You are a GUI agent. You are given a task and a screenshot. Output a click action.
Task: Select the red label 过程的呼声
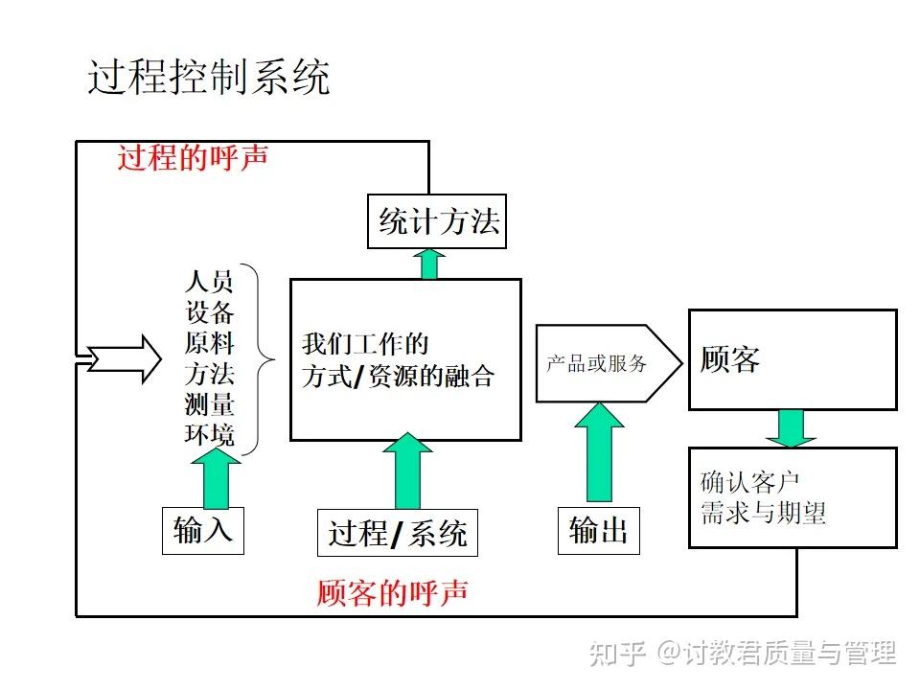click(x=193, y=158)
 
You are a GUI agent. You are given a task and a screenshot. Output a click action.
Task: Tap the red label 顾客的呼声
click(x=393, y=592)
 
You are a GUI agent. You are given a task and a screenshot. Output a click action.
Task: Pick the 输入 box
click(x=203, y=530)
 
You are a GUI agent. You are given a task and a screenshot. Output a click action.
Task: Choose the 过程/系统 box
click(x=397, y=533)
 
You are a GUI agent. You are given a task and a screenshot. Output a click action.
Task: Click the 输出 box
click(x=598, y=530)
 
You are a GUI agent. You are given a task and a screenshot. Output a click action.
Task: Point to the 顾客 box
click(x=793, y=359)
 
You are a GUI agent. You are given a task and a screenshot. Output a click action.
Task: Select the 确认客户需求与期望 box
click(x=793, y=497)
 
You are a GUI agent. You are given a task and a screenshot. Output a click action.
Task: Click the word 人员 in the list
click(x=209, y=283)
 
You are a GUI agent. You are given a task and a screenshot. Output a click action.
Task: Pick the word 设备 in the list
click(x=209, y=313)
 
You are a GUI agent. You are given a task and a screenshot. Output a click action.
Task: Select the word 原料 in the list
click(x=209, y=344)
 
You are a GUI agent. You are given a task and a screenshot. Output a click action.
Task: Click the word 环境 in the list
click(x=209, y=435)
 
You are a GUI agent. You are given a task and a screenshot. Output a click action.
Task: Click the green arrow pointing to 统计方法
click(x=430, y=263)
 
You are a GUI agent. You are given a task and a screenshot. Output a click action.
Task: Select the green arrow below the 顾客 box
click(x=791, y=427)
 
